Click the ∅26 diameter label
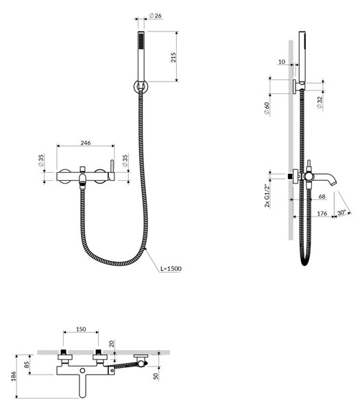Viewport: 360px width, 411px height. tap(156, 16)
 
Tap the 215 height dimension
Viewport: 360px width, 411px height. tap(173, 58)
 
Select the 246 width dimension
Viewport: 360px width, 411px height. tap(86, 143)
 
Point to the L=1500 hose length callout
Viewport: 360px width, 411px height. tap(171, 269)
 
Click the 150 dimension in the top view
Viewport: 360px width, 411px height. tap(81, 329)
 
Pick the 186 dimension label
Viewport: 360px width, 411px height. tap(14, 376)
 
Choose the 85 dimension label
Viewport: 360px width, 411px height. tap(27, 364)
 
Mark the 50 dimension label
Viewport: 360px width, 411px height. tap(156, 376)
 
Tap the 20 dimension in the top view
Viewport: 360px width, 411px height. tap(112, 344)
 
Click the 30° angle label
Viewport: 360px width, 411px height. tap(341, 212)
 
